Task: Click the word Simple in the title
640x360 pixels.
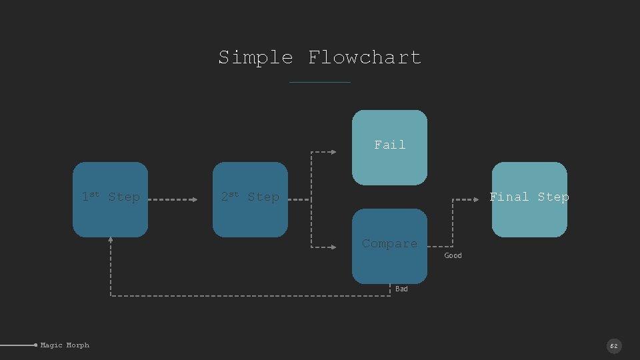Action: point(255,57)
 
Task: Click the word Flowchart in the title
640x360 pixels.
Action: point(365,57)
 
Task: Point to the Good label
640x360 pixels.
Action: point(453,255)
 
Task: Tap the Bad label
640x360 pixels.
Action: point(401,289)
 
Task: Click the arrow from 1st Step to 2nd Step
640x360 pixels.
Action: point(171,199)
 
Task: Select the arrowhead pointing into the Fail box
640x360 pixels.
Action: point(333,152)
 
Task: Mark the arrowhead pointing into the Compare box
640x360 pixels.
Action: point(333,247)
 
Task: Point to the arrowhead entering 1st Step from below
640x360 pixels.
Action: point(111,241)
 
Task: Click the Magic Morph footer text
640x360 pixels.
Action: point(65,345)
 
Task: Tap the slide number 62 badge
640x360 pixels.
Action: point(613,346)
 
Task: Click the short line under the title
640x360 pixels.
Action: point(320,82)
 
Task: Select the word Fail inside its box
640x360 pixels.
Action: point(389,145)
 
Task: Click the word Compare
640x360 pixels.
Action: point(389,243)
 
